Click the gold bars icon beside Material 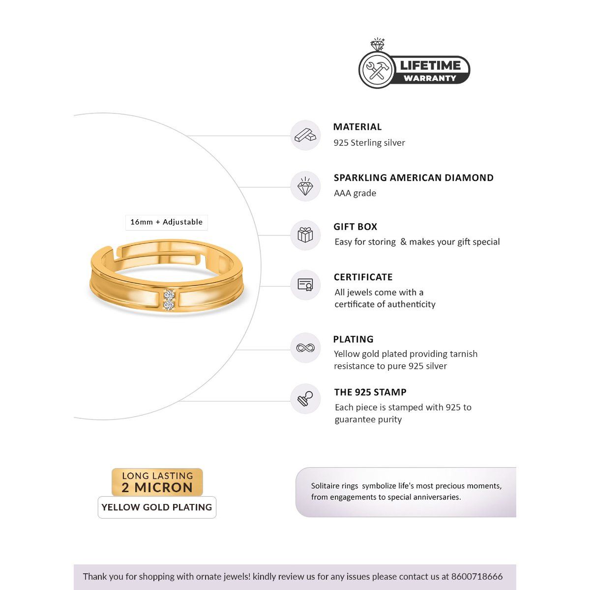point(305,135)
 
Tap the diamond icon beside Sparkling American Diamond point(305,187)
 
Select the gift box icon point(305,235)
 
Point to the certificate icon point(305,285)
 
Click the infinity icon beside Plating point(305,348)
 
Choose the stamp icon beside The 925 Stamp point(305,399)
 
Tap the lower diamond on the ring point(169,305)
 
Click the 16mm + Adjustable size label point(166,222)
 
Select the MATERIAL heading point(357,127)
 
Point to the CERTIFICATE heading point(363,277)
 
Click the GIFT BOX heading point(355,227)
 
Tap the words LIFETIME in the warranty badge point(430,65)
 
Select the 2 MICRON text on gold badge point(157,488)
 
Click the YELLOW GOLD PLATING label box point(157,507)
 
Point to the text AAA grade point(355,193)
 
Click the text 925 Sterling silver point(369,143)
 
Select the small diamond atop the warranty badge point(378,45)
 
